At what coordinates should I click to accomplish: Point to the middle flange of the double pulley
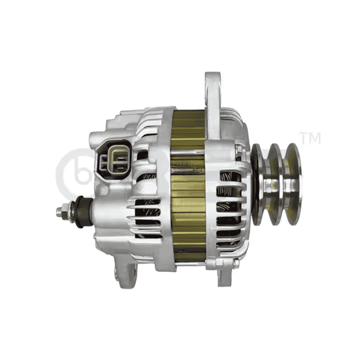tap(276, 182)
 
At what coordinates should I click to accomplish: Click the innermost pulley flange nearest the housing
tap(259, 183)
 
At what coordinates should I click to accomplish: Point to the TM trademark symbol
tap(309, 137)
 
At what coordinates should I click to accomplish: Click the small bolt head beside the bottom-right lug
tap(235, 264)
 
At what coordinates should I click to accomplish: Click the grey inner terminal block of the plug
tap(114, 160)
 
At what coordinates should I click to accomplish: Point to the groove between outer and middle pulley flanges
tap(284, 182)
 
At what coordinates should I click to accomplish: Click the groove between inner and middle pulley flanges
tap(267, 183)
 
